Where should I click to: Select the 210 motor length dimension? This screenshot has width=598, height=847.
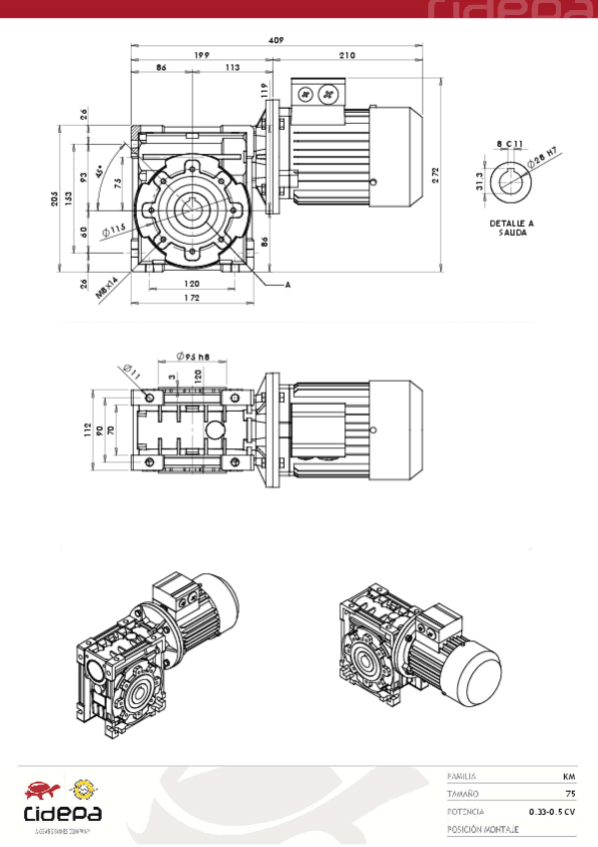(347, 55)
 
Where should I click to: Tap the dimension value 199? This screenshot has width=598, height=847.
(201, 55)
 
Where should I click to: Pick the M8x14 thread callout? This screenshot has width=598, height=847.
(107, 289)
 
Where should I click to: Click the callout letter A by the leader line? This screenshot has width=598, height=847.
(288, 285)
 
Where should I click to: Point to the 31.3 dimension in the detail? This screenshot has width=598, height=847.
(480, 181)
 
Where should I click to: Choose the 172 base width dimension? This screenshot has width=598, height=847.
(192, 298)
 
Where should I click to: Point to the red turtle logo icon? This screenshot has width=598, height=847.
(41, 790)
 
